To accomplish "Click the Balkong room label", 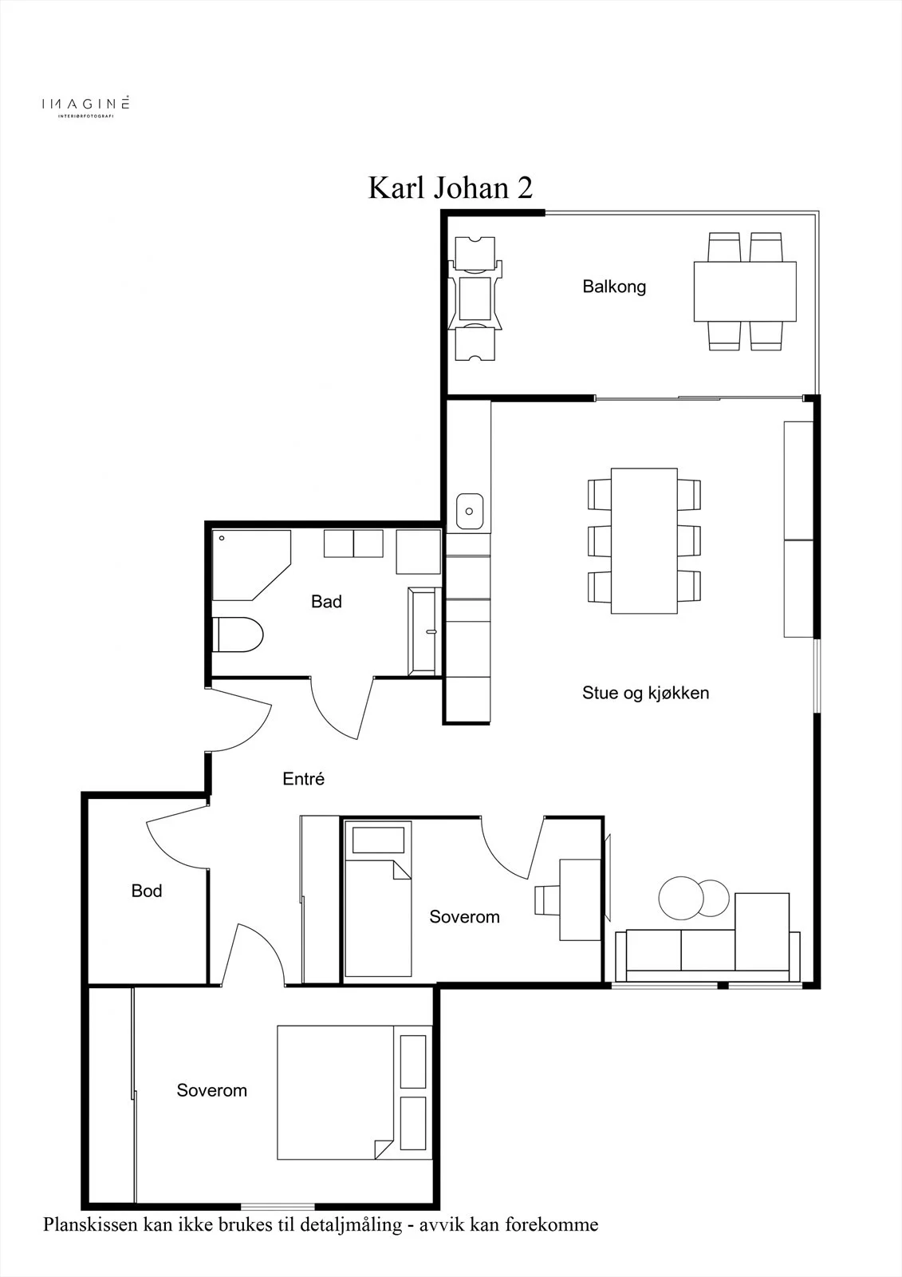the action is click(x=613, y=287).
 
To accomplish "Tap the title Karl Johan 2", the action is click(x=450, y=188).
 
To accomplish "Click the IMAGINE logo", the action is click(x=85, y=106).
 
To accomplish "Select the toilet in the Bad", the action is click(x=238, y=634).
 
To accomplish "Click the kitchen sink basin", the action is click(x=470, y=512).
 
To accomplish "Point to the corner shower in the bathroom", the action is click(x=250, y=565).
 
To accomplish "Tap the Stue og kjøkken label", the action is click(x=645, y=693).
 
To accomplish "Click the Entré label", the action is click(x=303, y=779).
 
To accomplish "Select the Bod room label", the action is click(x=147, y=891).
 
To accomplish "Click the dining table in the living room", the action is click(x=644, y=541).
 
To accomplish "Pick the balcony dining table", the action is click(x=745, y=291).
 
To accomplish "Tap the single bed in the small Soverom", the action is click(x=377, y=899).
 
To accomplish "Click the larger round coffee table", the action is click(x=682, y=898).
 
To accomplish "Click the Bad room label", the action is click(x=326, y=602).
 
